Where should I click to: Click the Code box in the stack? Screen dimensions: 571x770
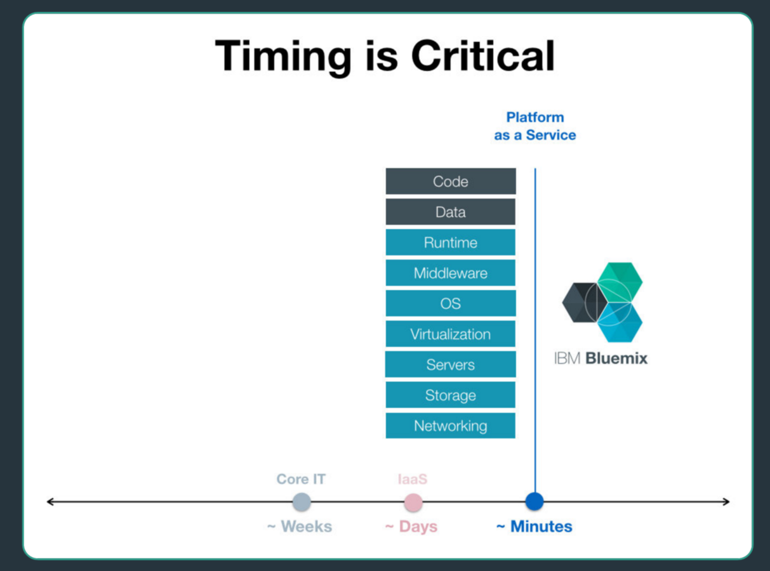450,181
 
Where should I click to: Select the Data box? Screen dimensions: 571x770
450,212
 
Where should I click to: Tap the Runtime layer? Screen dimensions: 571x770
450,242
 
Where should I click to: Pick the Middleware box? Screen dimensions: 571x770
450,273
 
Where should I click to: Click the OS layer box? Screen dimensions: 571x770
450,304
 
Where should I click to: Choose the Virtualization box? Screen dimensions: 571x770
450,334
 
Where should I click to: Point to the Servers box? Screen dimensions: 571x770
450,365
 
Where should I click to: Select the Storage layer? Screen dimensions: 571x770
450,395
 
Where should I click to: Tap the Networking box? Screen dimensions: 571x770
450,426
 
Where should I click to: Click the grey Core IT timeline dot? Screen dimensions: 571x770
302,502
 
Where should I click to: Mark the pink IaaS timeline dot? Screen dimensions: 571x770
413,502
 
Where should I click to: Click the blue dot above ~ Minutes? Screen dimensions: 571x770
534,501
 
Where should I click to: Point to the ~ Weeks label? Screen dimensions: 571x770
300,527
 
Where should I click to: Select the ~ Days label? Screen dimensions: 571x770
411,527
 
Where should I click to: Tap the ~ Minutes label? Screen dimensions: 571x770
534,527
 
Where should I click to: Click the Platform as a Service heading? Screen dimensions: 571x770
535,126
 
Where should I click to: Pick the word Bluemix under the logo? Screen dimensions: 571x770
616,358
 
